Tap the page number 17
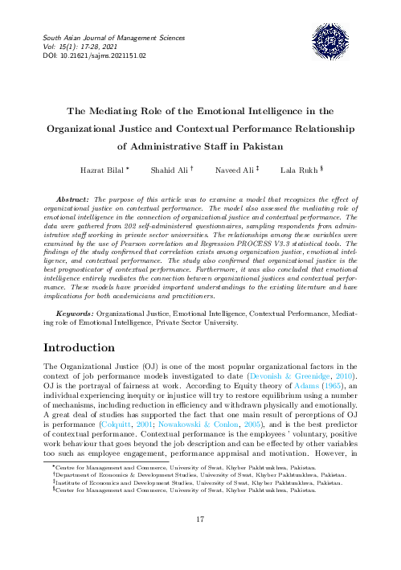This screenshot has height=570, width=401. coord(201,519)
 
